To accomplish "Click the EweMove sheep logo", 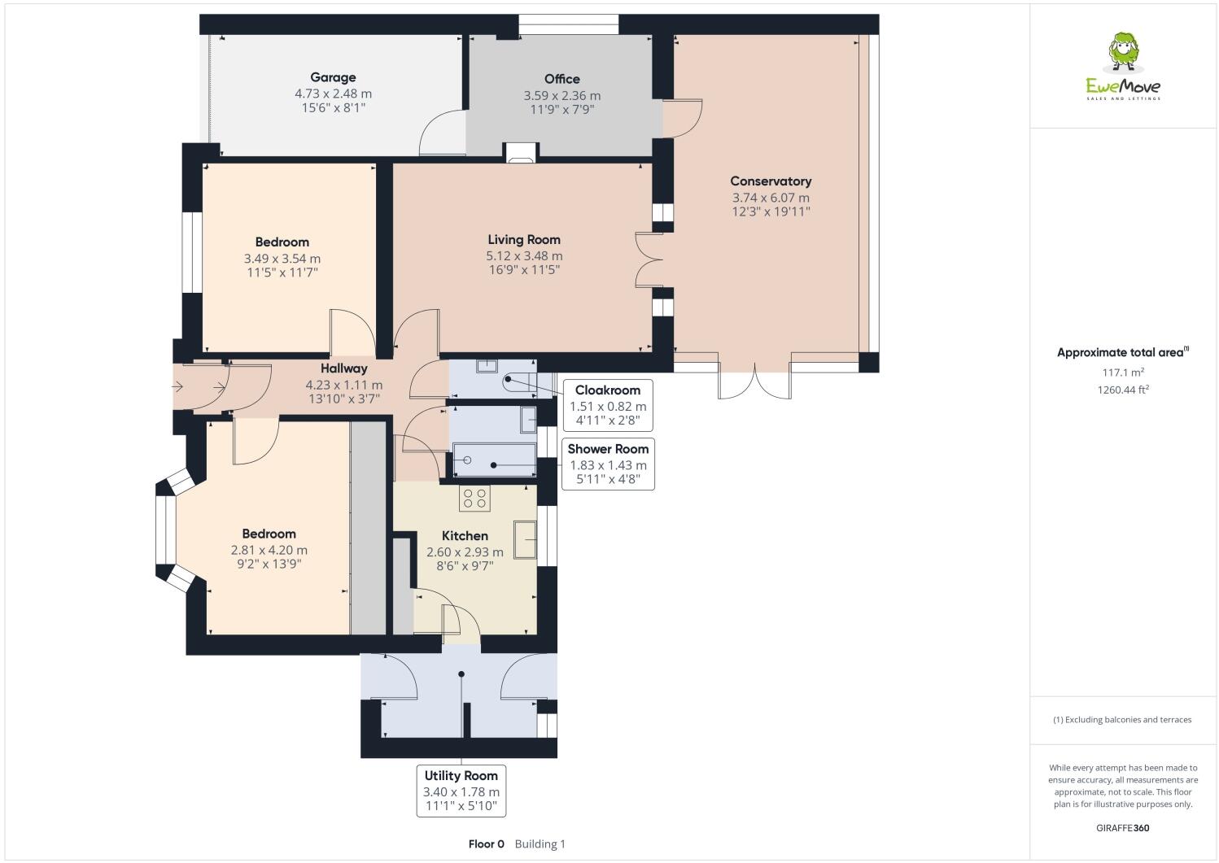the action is pos(1123,52).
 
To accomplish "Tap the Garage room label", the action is pos(333,77).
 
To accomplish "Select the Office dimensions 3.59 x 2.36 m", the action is pos(562,96).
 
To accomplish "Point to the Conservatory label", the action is pos(771,181).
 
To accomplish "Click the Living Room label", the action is pos(523,240).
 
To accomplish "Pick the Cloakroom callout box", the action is pos(608,405).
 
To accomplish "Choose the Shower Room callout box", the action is pos(608,464).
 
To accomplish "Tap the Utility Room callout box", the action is pos(461,791).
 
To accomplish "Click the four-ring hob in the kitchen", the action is pos(474,498).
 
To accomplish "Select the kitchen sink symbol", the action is pos(525,539).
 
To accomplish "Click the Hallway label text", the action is pos(344,368).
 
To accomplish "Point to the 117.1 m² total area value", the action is pos(1123,373).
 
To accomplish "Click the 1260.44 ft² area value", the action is pos(1123,390).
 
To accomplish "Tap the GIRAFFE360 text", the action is pos(1123,828).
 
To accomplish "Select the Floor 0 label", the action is pos(486,844).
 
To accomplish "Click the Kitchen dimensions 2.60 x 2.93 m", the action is pos(465,552).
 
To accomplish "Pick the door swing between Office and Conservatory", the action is pos(689,119).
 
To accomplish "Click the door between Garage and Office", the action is pos(442,133).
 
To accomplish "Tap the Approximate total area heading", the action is pos(1123,352).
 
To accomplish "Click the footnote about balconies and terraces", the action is pos(1122,720).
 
